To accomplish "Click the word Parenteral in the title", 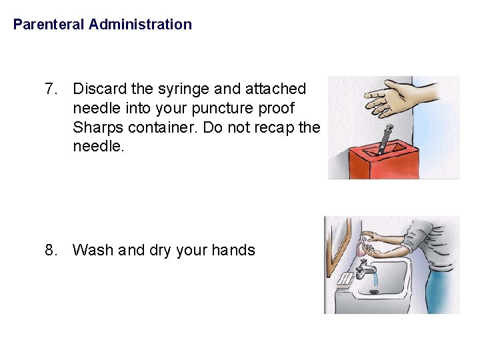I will (x=49, y=25).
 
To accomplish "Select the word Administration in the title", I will (x=140, y=25).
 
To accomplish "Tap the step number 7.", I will (x=51, y=89).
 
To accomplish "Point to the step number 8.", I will (x=51, y=250).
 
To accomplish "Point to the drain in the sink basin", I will (x=374, y=291).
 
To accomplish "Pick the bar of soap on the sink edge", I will (x=345, y=279).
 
